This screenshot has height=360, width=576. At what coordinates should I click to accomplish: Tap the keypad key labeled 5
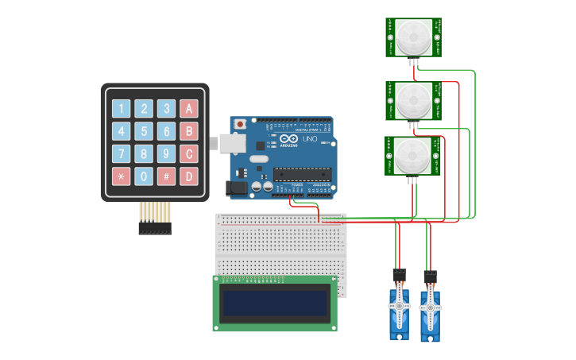point(144,131)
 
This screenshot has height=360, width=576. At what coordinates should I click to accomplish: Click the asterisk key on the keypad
point(121,176)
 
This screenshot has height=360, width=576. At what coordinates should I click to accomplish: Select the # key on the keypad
point(166,176)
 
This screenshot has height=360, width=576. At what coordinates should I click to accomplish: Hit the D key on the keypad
point(189,176)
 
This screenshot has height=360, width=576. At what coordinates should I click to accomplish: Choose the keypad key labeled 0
point(144,176)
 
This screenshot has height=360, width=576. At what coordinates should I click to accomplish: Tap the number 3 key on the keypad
point(166,109)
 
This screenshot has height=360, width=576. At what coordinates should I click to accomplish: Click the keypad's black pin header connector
point(155,229)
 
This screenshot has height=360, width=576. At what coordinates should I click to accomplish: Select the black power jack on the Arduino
point(236,188)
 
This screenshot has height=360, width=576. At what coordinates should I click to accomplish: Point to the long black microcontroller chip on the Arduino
point(302,175)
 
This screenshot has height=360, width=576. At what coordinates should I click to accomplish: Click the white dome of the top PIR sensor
point(414,37)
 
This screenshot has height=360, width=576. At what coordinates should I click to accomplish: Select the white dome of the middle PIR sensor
point(414,100)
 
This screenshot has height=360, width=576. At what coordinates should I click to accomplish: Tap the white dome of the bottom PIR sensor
point(414,156)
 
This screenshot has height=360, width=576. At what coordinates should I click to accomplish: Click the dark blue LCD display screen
point(275,303)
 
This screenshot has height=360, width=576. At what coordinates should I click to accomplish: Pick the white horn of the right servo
point(430,308)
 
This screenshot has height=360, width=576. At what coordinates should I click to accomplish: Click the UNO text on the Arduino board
point(309,140)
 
